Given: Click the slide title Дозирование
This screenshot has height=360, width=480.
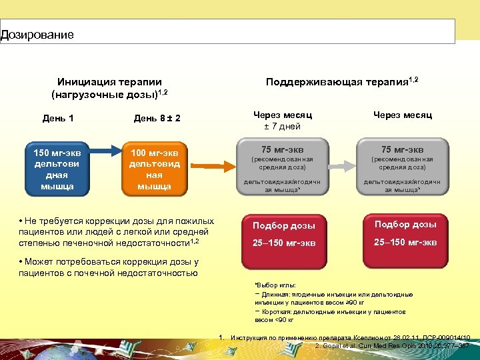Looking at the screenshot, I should pyautogui.click(x=37, y=34).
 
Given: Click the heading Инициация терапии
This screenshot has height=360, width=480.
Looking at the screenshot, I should pyautogui.click(x=110, y=82).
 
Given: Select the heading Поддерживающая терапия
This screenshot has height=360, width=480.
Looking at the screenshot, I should pyautogui.click(x=341, y=81).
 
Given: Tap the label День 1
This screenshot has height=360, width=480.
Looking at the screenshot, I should pyautogui.click(x=58, y=118).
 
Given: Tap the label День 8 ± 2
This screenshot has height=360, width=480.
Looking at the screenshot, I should pyautogui.click(x=157, y=119).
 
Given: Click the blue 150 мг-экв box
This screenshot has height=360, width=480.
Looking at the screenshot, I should pyautogui.click(x=57, y=168).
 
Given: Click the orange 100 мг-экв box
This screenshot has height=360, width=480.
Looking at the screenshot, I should pyautogui.click(x=154, y=169).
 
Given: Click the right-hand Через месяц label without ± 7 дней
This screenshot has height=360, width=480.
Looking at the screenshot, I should pyautogui.click(x=403, y=115).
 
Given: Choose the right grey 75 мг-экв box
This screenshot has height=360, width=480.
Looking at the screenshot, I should pyautogui.click(x=402, y=167).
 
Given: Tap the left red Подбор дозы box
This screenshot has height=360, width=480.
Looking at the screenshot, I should pyautogui.click(x=284, y=233).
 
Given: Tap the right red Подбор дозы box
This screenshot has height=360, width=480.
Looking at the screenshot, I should pyautogui.click(x=405, y=233).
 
